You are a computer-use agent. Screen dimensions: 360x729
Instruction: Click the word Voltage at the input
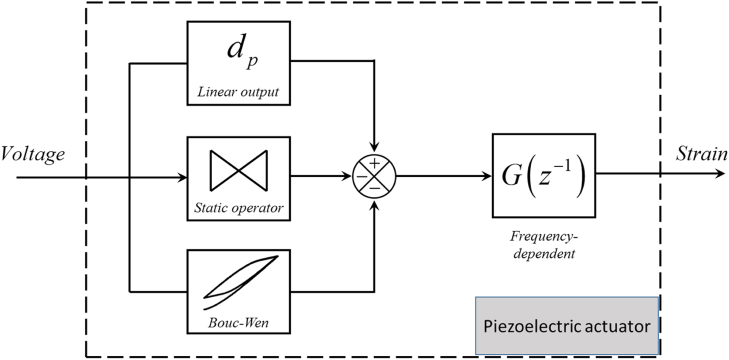[33, 154]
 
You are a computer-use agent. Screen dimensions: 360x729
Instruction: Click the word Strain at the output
[702, 154]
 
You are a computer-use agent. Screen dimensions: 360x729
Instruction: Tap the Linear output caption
[238, 92]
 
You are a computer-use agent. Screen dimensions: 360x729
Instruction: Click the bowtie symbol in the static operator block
[239, 170]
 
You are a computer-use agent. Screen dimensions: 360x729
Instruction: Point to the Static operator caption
[238, 208]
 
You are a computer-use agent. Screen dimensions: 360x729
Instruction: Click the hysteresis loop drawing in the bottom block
[241, 281]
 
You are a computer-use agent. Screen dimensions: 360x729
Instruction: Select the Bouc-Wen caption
[238, 322]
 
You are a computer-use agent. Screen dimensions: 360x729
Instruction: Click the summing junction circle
[374, 177]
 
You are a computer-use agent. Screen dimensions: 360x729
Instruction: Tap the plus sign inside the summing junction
[374, 164]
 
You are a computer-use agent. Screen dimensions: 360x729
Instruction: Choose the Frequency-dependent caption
[543, 245]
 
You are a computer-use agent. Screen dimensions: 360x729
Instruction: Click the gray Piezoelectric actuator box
[566, 326]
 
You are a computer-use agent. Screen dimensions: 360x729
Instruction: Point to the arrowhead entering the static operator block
[182, 177]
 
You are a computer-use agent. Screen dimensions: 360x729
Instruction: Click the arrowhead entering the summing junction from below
[374, 204]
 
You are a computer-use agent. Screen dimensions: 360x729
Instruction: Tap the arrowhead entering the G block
[488, 176]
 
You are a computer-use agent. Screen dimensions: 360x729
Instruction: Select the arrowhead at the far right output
[720, 174]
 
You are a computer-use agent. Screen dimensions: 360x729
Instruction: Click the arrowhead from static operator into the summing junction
[347, 176]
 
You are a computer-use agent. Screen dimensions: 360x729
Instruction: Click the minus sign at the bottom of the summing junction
[374, 188]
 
